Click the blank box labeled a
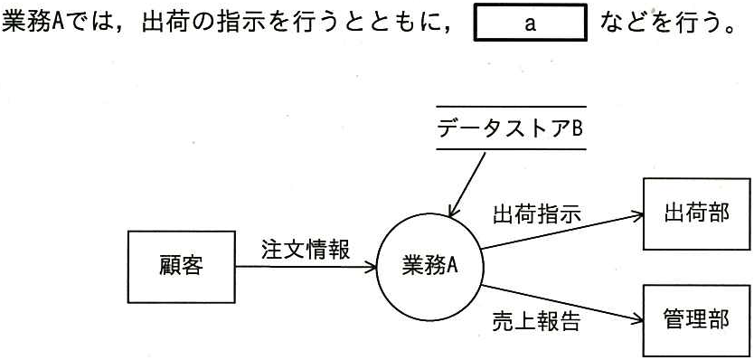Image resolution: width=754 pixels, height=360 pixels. [531, 23]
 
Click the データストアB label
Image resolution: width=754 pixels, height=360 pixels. [511, 128]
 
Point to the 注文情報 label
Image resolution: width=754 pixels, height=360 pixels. [306, 250]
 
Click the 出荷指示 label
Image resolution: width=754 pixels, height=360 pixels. [537, 213]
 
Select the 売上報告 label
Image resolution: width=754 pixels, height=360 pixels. [537, 321]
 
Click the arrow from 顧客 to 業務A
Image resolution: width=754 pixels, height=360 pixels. [306, 267]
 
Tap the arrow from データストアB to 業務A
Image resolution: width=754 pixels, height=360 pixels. [467, 185]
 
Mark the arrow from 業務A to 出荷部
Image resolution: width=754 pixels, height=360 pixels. [562, 232]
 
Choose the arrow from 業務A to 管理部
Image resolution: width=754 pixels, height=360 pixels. [562, 303]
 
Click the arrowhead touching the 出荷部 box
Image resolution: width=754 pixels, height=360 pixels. [638, 216]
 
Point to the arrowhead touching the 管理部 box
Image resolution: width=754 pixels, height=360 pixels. [638, 319]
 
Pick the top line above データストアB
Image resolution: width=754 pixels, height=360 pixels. [511, 107]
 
